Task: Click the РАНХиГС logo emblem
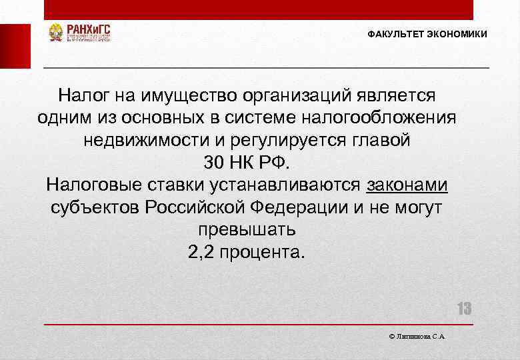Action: [56, 33]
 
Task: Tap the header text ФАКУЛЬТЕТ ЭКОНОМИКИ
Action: [427, 34]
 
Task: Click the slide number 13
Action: [463, 309]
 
